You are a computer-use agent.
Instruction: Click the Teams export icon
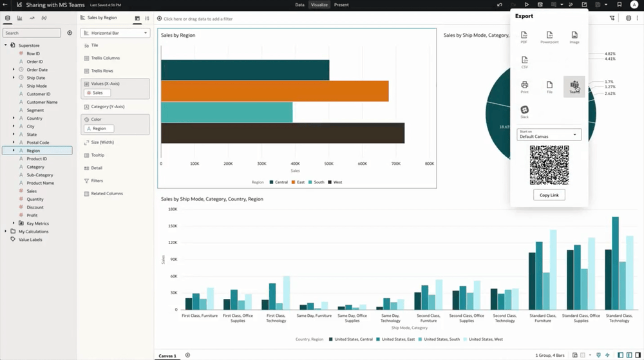[574, 86]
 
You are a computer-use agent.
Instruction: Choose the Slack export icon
[524, 111]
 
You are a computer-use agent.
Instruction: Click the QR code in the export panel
[549, 165]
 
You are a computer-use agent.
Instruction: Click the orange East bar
[274, 91]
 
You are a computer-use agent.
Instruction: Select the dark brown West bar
[282, 133]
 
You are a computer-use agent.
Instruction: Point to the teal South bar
[226, 112]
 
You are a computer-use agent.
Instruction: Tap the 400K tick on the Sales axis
[296, 164]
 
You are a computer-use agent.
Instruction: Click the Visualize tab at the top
[319, 5]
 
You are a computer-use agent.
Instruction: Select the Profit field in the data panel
[32, 215]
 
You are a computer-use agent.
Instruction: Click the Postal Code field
[37, 142]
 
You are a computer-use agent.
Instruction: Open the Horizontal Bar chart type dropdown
[115, 33]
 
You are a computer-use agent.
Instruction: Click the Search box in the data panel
[32, 33]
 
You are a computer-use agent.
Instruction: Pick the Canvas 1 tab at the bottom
[167, 355]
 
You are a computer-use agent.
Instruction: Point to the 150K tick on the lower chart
[173, 226]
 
